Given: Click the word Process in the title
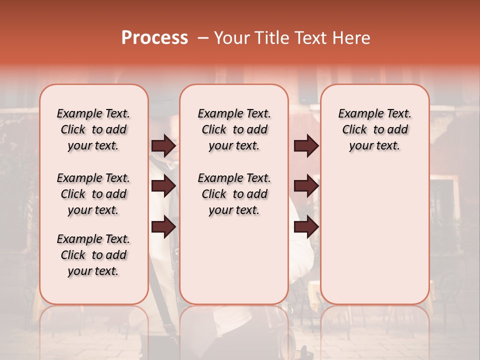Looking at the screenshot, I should (154, 38).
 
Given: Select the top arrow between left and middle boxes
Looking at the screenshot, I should (163, 146).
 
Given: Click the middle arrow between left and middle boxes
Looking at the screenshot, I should (163, 186).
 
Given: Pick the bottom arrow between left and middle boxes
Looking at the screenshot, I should (163, 227).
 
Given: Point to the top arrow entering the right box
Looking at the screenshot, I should (306, 146).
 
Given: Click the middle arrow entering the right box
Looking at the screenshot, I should (306, 186).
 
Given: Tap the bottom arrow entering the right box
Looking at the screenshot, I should (306, 227).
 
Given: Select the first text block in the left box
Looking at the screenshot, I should (93, 129).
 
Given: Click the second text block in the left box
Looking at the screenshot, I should (93, 194).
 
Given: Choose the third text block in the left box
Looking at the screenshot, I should (93, 255).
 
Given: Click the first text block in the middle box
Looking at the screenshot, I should (234, 129).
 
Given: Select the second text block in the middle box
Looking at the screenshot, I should (234, 194).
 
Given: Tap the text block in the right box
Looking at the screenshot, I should (374, 129).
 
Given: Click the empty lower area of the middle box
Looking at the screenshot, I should (234, 260).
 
